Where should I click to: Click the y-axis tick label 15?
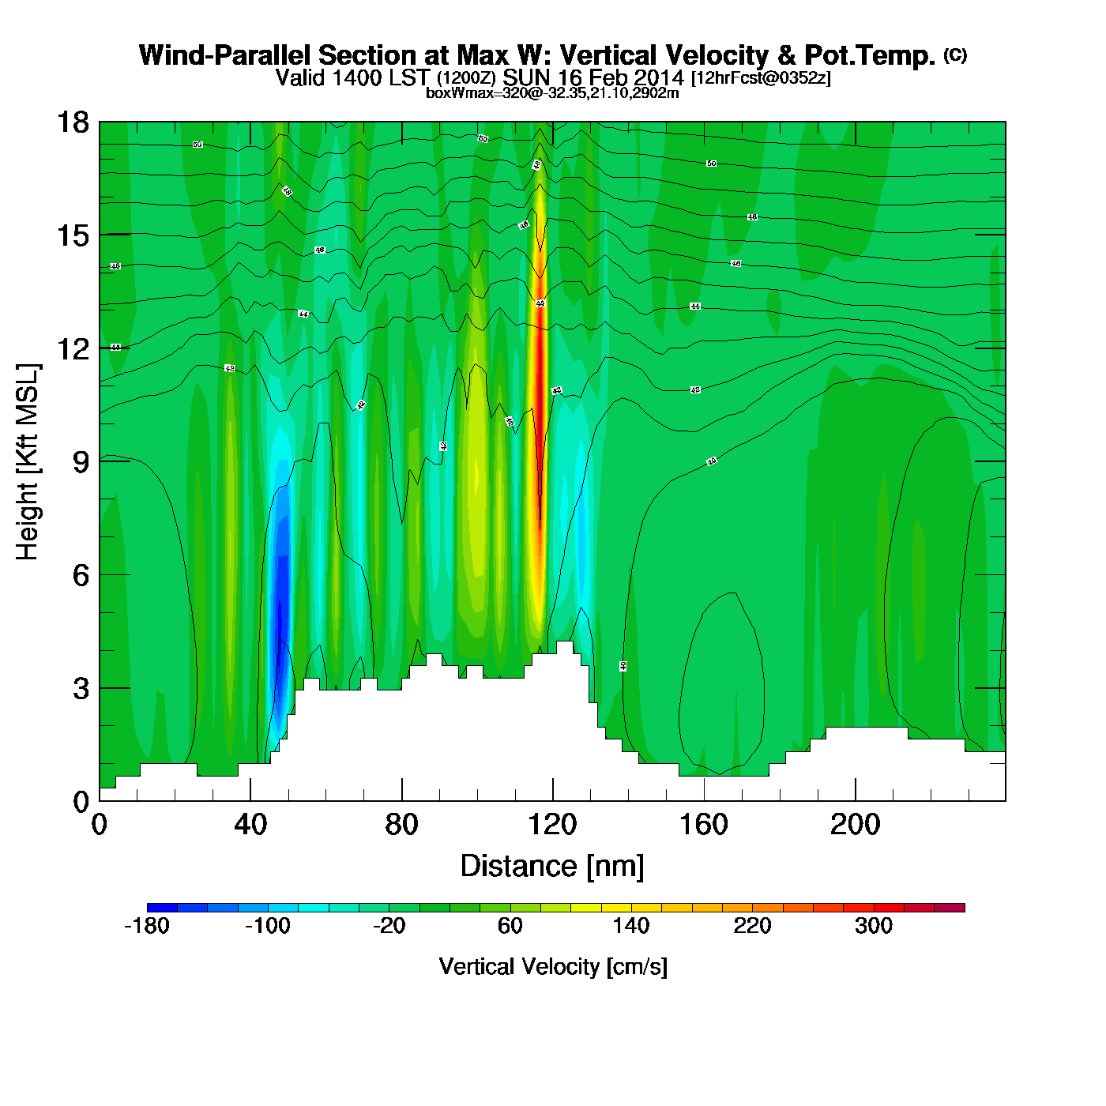[72, 235]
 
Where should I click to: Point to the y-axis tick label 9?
[81, 462]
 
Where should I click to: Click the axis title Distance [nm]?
[552, 867]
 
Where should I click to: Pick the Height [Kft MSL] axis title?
[28, 462]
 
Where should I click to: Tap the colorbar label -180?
[147, 926]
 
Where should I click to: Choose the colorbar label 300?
[873, 926]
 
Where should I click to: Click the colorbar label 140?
[630, 926]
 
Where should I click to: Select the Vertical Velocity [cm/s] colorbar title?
[553, 967]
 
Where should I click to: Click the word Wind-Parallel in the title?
[225, 55]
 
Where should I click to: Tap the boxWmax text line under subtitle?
[552, 92]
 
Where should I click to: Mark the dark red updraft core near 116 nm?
[540, 355]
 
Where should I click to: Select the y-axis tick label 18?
[72, 122]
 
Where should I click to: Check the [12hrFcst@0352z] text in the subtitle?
[761, 78]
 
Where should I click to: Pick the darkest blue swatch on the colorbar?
[162, 908]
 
